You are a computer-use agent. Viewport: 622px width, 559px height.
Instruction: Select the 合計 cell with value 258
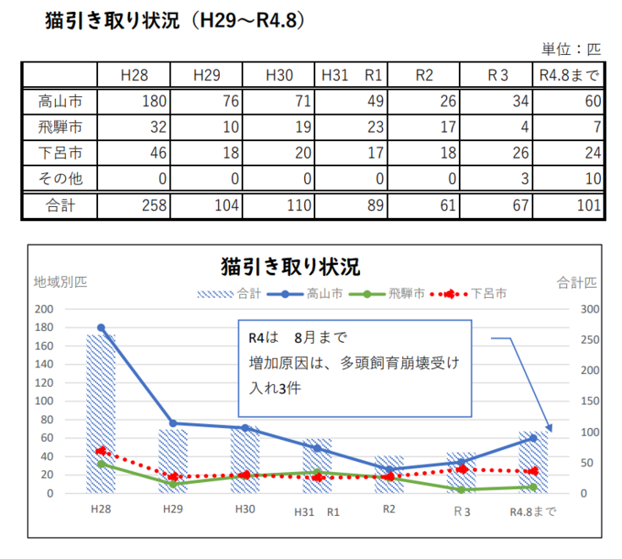click(153, 206)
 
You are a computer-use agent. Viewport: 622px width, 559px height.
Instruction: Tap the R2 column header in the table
click(424, 75)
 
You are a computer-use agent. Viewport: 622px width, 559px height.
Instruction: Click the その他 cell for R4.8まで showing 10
click(592, 179)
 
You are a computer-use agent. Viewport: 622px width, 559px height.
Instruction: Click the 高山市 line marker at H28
click(101, 328)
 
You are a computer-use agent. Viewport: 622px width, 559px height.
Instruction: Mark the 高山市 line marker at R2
click(389, 469)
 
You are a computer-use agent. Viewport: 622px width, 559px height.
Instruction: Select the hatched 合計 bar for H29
click(173, 461)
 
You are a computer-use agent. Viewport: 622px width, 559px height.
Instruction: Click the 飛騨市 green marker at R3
click(461, 490)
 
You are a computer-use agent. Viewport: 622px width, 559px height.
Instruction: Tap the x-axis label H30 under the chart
click(245, 510)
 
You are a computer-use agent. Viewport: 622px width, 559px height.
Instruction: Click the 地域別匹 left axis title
click(59, 282)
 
